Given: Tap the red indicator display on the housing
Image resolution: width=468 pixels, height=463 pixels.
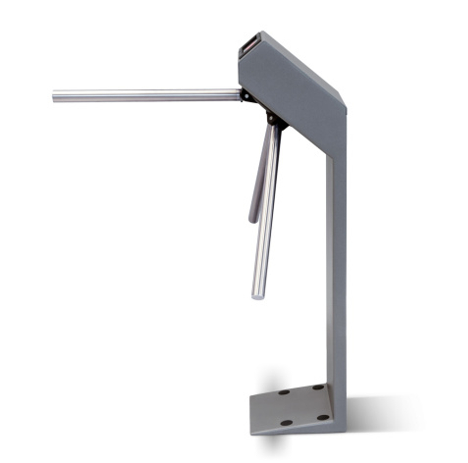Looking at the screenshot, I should tap(249, 45).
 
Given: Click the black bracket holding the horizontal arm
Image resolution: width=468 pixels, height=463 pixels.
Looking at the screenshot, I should tap(247, 95).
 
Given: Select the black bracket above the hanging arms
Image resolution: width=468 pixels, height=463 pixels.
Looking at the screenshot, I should tap(275, 119).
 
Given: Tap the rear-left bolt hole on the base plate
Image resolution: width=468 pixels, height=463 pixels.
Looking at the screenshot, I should tap(284, 392).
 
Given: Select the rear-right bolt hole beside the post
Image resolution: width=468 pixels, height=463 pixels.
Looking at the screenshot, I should tap(318, 387).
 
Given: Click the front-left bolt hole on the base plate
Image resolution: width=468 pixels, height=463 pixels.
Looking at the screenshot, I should tap(286, 423).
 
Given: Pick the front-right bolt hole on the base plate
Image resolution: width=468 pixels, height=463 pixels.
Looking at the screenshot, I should tap(323, 417).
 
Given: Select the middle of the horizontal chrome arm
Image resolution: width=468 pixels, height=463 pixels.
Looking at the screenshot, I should tap(147, 96).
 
